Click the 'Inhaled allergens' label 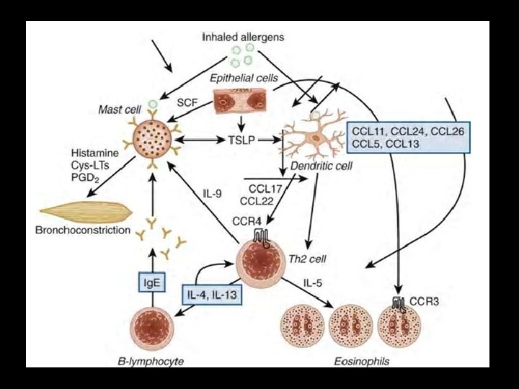click(244, 37)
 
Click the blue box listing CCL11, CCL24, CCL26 click(407, 135)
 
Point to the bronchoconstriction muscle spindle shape click(86, 211)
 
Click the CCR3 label click(425, 300)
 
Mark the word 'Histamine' click(95, 154)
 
